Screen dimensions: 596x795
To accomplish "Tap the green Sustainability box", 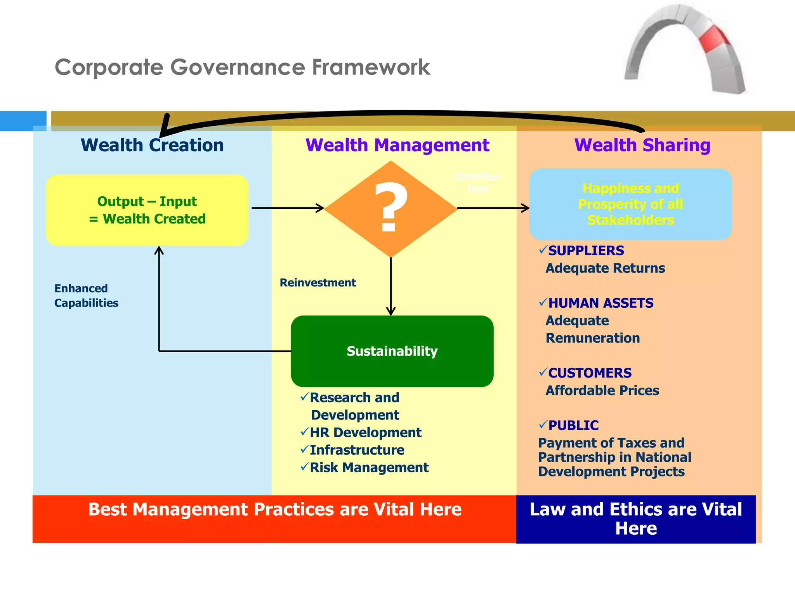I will [392, 351].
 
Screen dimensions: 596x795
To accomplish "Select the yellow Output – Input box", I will [147, 210].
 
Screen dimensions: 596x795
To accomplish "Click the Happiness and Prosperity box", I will [630, 204].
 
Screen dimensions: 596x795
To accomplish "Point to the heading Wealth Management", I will [397, 145].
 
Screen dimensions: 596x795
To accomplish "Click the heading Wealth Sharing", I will [642, 145].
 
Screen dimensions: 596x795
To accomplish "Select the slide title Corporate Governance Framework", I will [242, 67].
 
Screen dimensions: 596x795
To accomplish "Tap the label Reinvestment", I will [318, 282].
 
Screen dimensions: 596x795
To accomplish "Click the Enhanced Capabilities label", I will [86, 295].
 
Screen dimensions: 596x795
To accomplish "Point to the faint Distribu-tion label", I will [478, 182].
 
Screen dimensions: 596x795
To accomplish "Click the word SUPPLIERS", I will [586, 251].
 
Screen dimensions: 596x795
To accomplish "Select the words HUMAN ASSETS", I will [601, 303].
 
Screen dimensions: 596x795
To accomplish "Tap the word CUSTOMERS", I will [590, 373].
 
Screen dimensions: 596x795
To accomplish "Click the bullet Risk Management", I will [369, 468].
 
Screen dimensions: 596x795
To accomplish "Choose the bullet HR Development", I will [365, 433].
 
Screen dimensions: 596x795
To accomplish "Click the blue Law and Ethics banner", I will [635, 519].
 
